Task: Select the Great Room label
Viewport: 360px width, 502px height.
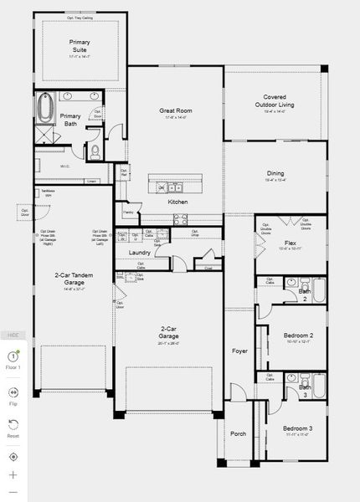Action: click(176, 110)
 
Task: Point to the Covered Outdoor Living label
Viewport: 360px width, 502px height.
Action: click(275, 101)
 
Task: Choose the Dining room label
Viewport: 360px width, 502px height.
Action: click(275, 173)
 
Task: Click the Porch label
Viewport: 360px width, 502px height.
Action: click(239, 433)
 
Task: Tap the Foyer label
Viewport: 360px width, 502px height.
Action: click(239, 351)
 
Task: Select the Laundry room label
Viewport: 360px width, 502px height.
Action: click(139, 252)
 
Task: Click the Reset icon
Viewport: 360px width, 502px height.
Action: click(13, 424)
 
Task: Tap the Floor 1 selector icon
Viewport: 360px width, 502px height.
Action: click(13, 356)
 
